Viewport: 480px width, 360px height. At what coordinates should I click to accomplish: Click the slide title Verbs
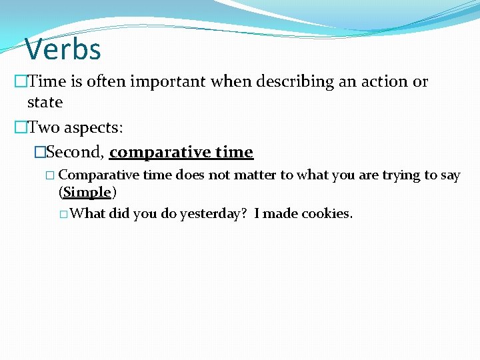[x=63, y=49]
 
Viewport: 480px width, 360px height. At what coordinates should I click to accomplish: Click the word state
[x=45, y=103]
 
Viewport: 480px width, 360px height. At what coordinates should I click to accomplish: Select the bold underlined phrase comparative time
[x=181, y=152]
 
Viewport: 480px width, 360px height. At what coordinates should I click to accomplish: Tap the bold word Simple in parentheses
[x=87, y=193]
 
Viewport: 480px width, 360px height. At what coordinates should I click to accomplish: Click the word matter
[x=257, y=175]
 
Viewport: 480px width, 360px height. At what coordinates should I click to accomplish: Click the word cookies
[x=327, y=214]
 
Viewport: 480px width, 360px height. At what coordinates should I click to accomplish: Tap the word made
[x=281, y=214]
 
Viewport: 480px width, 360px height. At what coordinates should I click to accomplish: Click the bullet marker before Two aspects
[x=20, y=127]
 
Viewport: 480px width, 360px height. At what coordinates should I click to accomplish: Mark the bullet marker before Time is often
[x=20, y=82]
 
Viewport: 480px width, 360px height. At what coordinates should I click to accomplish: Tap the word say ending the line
[x=450, y=175]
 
